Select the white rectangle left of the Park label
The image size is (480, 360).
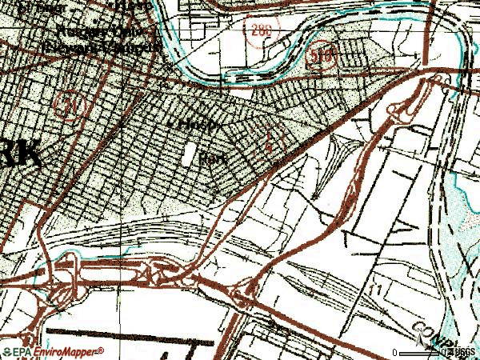190,155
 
